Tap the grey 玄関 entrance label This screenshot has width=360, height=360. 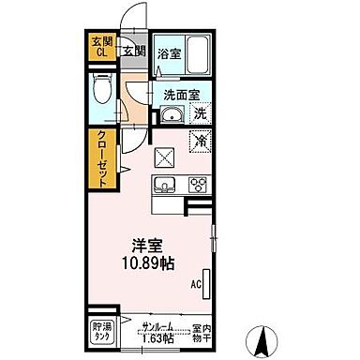coord(131,50)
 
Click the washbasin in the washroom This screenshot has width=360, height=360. coord(170,115)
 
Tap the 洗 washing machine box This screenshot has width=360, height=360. coord(200,114)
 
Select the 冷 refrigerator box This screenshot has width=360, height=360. coord(199,141)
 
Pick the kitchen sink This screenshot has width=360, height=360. coord(161,183)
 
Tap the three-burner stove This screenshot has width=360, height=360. coord(198,184)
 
